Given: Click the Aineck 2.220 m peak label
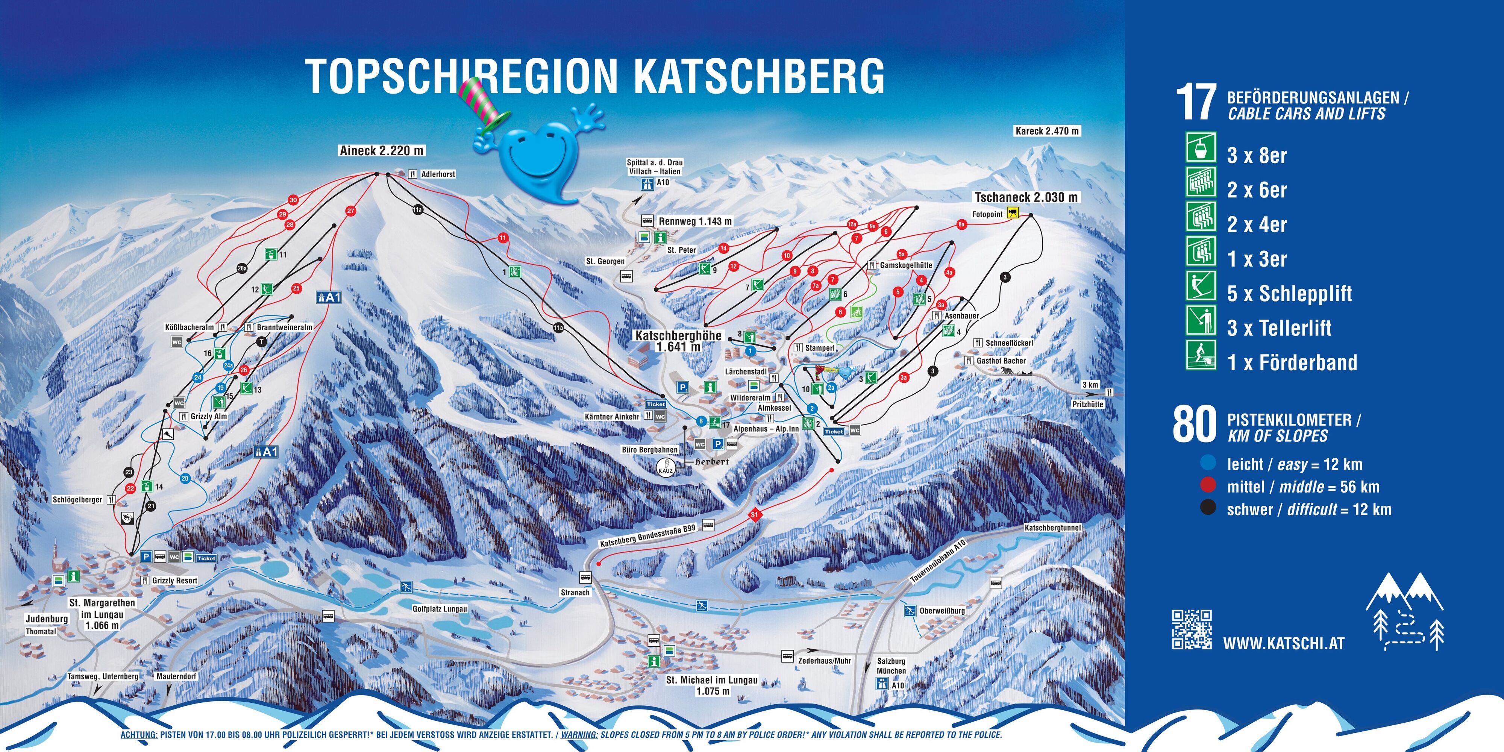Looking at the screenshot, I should click(382, 151).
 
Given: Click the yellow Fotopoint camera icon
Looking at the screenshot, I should click(1013, 214).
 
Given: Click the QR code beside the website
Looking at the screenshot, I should click(1191, 629).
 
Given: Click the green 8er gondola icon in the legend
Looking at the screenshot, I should click(1201, 148).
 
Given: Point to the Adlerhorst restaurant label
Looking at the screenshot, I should click(437, 174).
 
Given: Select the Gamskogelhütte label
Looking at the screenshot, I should click(905, 265).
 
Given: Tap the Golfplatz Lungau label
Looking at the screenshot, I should click(440, 609).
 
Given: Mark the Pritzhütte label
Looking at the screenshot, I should click(1087, 404).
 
